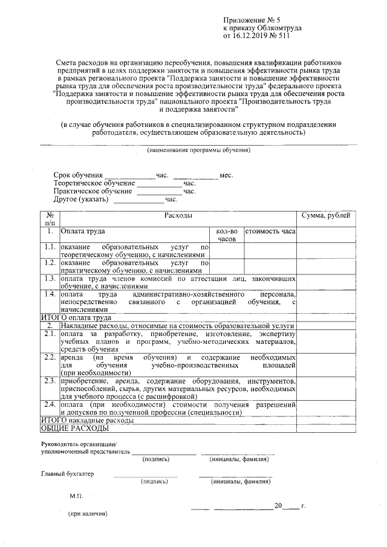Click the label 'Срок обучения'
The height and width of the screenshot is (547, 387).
coord(77,175)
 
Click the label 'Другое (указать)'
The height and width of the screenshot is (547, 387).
coord(80,199)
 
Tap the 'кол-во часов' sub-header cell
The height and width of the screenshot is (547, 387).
coord(226,235)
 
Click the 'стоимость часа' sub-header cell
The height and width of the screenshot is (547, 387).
coord(270,231)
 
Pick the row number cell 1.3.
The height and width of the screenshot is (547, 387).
coord(50,279)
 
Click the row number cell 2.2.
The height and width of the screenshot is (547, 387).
coord(50,358)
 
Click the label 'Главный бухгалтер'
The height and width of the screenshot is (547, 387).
coord(68,473)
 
